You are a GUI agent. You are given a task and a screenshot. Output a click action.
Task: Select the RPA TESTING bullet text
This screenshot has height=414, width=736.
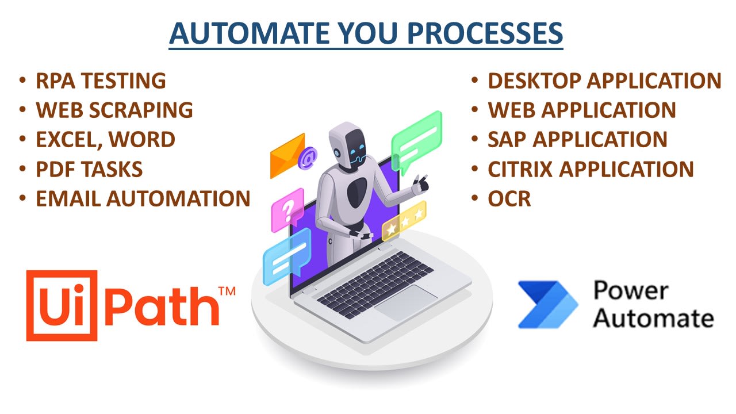click(101, 81)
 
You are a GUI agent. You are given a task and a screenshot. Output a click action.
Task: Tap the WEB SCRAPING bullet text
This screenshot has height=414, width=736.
click(114, 110)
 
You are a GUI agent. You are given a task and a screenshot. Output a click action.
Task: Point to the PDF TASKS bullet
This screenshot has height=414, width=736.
click(89, 169)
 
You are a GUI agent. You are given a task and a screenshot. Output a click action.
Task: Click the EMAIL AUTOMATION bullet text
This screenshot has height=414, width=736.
click(143, 199)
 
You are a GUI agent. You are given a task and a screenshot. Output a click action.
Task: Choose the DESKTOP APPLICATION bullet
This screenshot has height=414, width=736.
click(604, 81)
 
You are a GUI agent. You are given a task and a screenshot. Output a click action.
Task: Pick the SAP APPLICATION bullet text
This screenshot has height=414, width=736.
click(577, 140)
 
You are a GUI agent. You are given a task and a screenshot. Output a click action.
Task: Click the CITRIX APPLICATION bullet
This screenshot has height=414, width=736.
click(591, 169)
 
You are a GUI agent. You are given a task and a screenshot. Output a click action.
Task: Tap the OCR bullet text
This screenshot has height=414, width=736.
click(509, 199)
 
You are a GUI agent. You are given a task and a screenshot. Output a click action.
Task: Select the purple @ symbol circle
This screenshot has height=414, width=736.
click(308, 155)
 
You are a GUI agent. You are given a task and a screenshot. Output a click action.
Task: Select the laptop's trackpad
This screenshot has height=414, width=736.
click(405, 302)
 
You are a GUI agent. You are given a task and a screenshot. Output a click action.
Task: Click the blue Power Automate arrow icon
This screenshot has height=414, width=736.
click(539, 305)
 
